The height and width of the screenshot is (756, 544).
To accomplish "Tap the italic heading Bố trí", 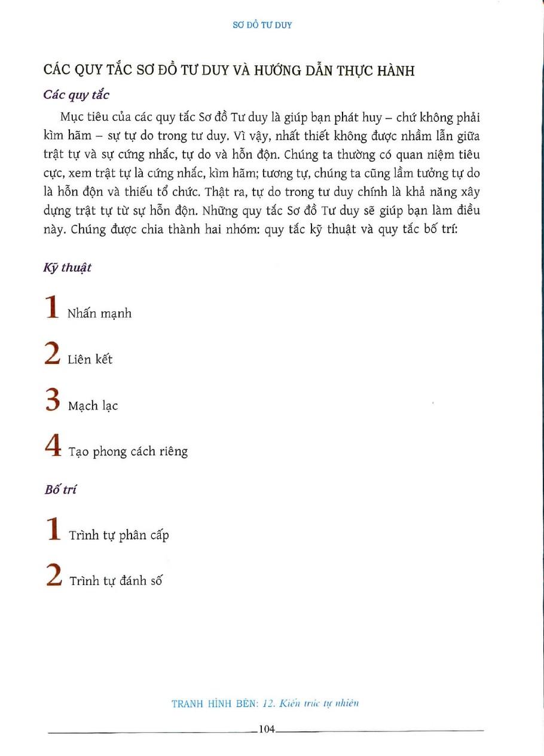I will coord(60,489).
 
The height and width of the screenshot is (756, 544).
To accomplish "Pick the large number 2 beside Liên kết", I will coord(52,353).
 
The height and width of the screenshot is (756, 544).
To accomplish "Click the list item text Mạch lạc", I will coord(93,406).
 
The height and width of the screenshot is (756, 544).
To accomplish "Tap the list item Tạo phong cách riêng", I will coord(128,451).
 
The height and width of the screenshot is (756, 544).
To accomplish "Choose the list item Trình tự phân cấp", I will coord(119,534).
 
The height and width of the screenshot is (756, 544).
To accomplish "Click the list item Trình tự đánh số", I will coord(116,580).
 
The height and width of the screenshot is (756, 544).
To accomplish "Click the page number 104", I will coord(266,729).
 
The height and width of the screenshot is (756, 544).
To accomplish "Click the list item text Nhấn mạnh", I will coord(99,313).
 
